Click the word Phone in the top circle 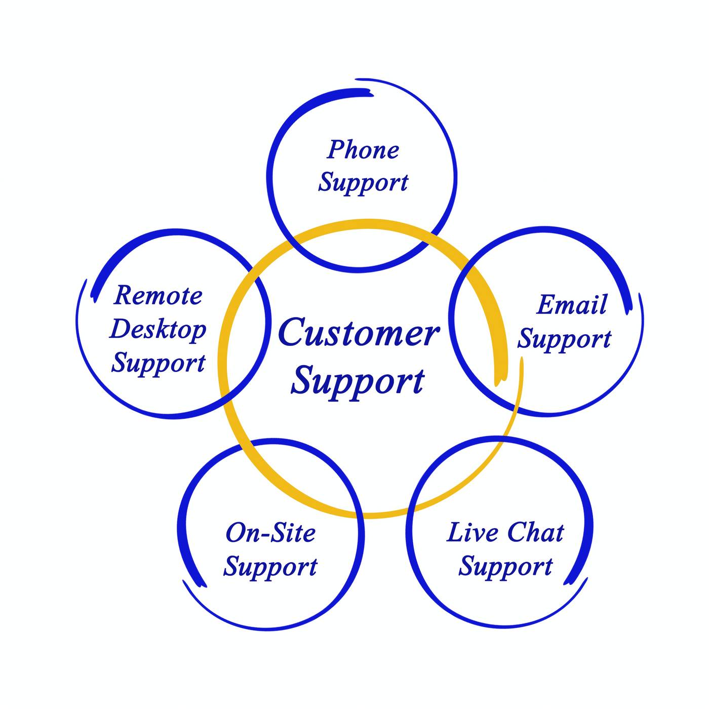(363, 150)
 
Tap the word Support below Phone (363, 183)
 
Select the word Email (571, 305)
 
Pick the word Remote (158, 295)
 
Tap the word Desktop (158, 330)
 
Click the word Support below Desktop (158, 364)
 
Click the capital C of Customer (293, 333)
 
